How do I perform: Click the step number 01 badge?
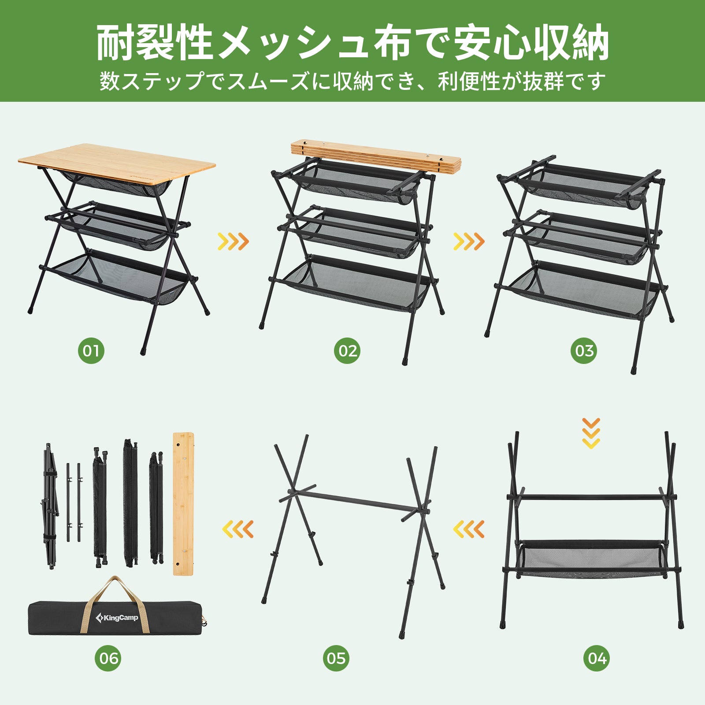[91, 351]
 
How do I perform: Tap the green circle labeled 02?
[347, 351]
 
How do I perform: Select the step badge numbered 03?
[584, 351]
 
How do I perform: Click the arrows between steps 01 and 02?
[234, 241]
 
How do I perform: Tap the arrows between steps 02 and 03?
[469, 241]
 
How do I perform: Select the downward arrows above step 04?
[591, 434]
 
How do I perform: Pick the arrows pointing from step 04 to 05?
[469, 529]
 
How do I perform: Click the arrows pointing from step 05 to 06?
[238, 529]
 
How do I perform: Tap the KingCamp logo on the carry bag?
[117, 618]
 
